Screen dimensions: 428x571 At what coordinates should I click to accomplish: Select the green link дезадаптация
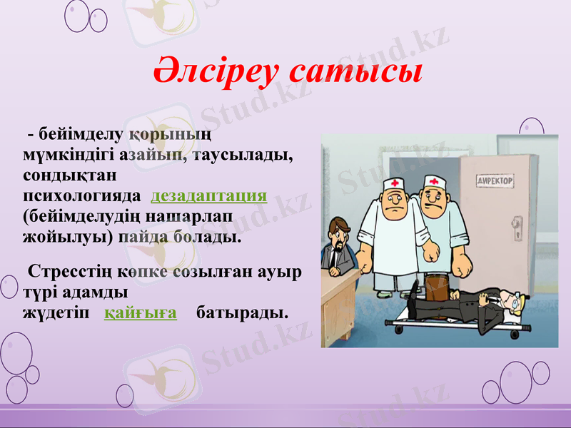[x=209, y=195]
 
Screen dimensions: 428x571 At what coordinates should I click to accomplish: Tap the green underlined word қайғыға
[x=141, y=312]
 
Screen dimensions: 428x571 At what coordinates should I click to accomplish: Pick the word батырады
[x=243, y=312]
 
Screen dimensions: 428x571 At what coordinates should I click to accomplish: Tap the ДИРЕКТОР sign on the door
[x=495, y=181]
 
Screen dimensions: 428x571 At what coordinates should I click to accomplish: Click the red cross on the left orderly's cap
[x=394, y=183]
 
